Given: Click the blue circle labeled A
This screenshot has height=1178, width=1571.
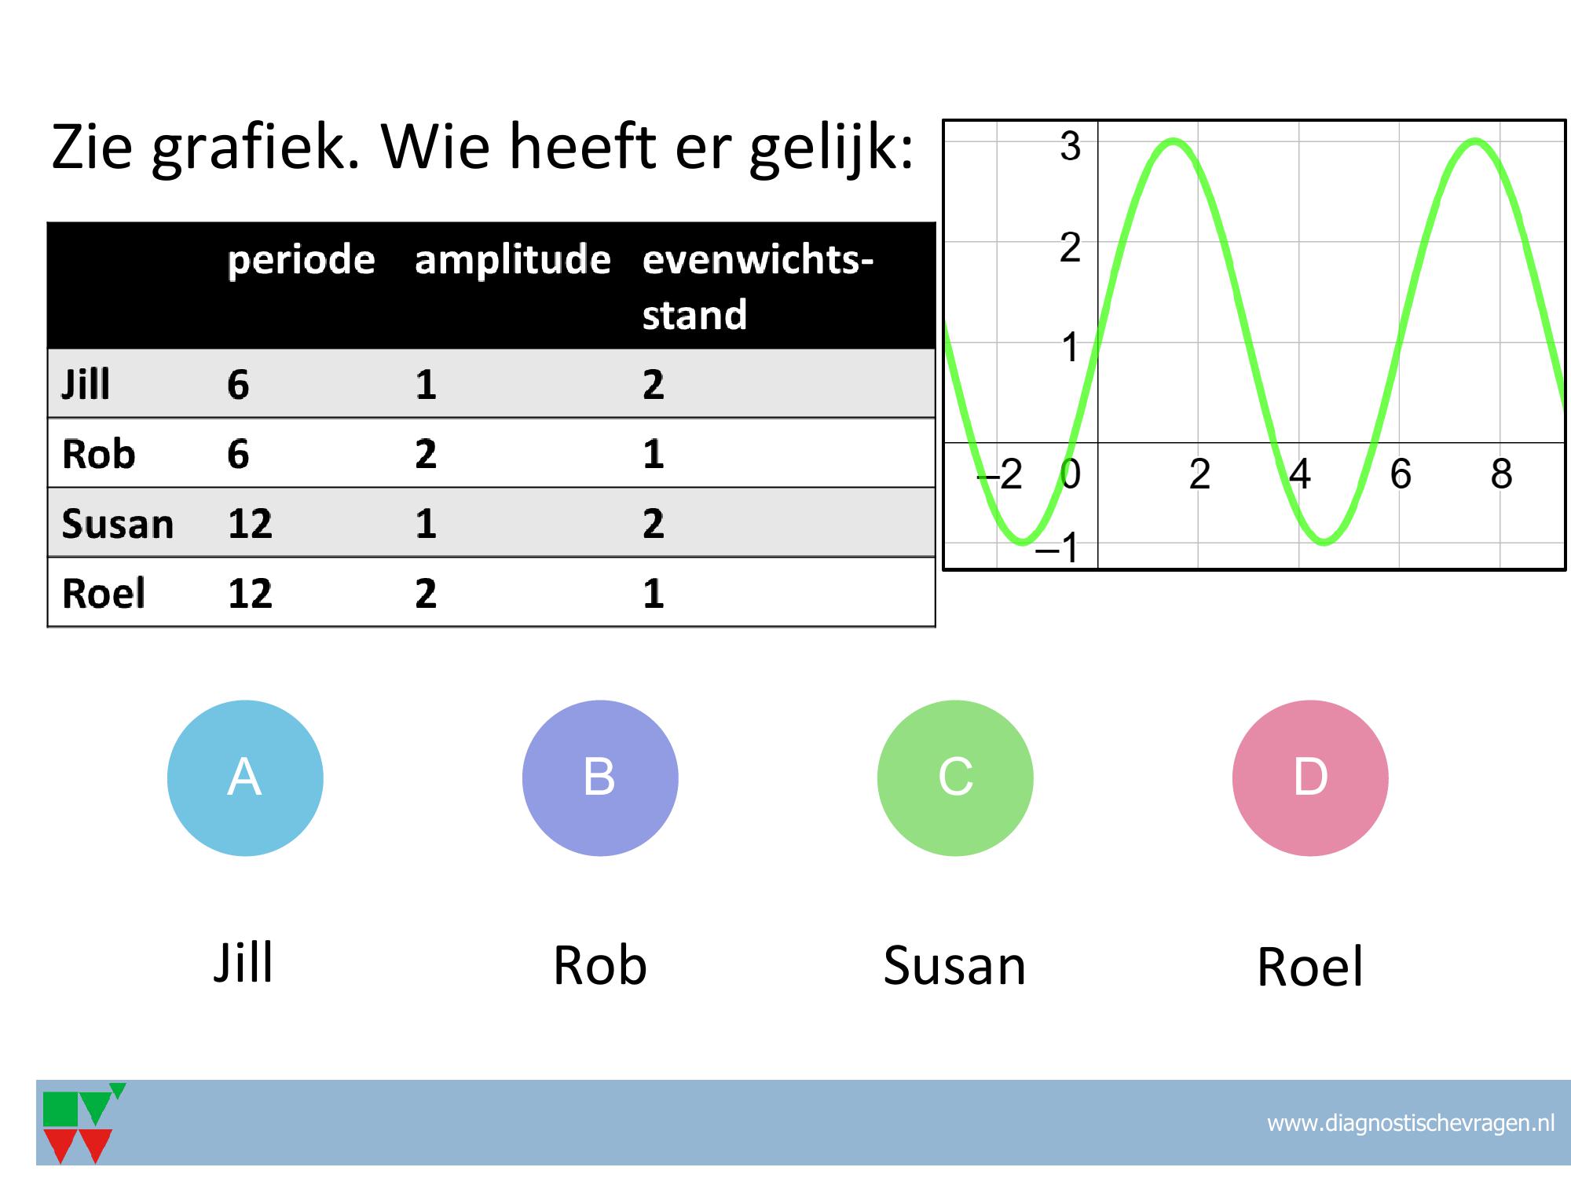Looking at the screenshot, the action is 245,777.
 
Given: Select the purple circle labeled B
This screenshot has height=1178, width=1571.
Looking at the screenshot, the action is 600,777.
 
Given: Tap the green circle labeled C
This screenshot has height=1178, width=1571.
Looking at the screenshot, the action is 955,777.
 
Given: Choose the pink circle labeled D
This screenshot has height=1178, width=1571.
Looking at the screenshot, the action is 1310,777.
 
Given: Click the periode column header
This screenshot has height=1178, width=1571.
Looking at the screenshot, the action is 301,261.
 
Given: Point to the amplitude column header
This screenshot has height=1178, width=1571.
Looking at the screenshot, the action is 512,261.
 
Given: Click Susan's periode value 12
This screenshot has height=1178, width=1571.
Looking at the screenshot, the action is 250,523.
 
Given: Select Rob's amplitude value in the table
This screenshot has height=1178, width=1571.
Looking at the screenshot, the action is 426,454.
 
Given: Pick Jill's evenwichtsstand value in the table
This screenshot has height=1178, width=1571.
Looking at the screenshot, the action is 653,385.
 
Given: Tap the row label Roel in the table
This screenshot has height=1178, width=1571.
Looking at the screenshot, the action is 104,593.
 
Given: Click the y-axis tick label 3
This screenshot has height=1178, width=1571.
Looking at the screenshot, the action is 1070,147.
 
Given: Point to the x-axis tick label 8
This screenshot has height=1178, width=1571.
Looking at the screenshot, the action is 1501,474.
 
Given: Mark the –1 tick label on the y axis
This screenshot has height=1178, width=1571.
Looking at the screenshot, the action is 1057,547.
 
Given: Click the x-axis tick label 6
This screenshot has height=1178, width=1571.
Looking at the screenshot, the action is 1401,474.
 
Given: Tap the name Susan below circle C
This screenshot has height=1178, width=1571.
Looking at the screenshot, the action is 954,965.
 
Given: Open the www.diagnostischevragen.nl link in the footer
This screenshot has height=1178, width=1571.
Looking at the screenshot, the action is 1411,1123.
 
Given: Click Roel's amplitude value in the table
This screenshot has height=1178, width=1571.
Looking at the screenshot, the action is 426,593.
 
